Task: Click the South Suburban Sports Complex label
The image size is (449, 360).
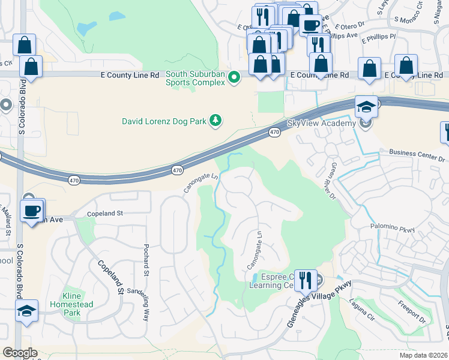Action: pos(195,78)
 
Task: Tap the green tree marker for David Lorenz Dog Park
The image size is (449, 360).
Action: pos(215,121)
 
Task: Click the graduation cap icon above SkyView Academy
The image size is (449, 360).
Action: pos(366,107)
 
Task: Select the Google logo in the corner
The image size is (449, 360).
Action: pos(20,353)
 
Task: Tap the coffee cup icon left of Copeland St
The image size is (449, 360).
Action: pos(31,211)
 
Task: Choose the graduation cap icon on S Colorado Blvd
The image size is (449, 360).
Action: pos(26,311)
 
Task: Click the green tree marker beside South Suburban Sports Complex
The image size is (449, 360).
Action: pos(235,78)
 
